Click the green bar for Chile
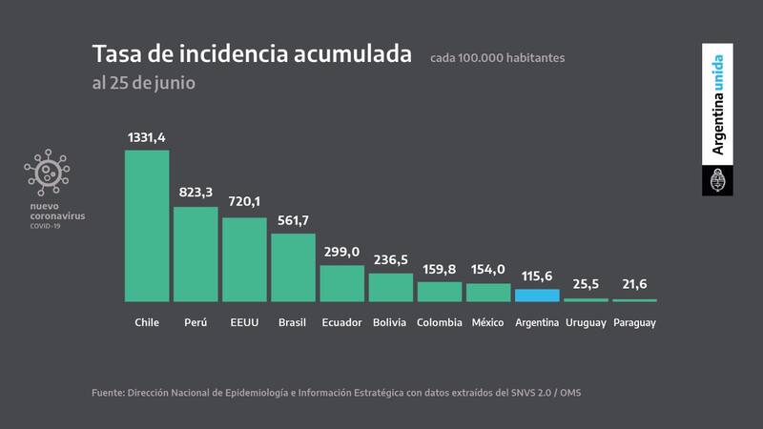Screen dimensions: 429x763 147,226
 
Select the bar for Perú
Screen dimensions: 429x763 196,254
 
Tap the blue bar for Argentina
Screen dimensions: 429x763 537,295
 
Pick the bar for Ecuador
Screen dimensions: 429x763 341,283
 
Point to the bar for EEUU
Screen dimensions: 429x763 244,259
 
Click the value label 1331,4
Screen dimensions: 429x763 147,138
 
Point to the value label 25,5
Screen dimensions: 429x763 586,285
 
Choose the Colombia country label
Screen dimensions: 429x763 440,322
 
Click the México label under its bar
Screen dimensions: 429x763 488,322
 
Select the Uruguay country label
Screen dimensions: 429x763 586,322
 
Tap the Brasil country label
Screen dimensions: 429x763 293,322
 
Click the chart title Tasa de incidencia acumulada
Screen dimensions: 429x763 252,53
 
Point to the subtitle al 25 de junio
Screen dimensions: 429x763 143,82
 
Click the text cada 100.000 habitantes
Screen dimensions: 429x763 497,58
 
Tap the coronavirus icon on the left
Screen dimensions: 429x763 47,172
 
